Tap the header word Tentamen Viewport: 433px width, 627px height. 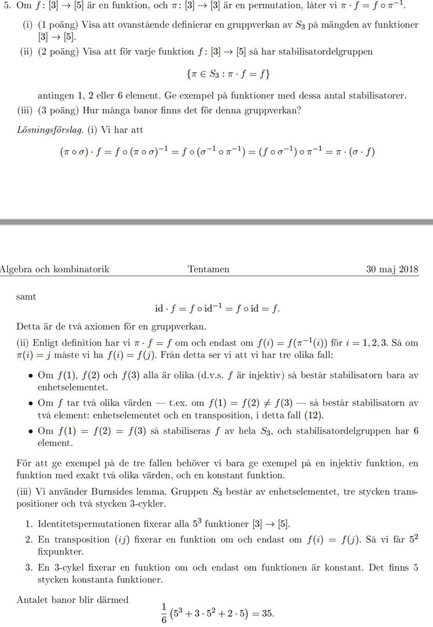coord(209,269)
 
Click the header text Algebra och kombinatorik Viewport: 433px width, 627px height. coord(54,269)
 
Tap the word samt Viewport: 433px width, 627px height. coord(26,296)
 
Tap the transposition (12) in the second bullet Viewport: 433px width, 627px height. coord(323,415)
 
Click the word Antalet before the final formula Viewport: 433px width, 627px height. coord(34,599)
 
